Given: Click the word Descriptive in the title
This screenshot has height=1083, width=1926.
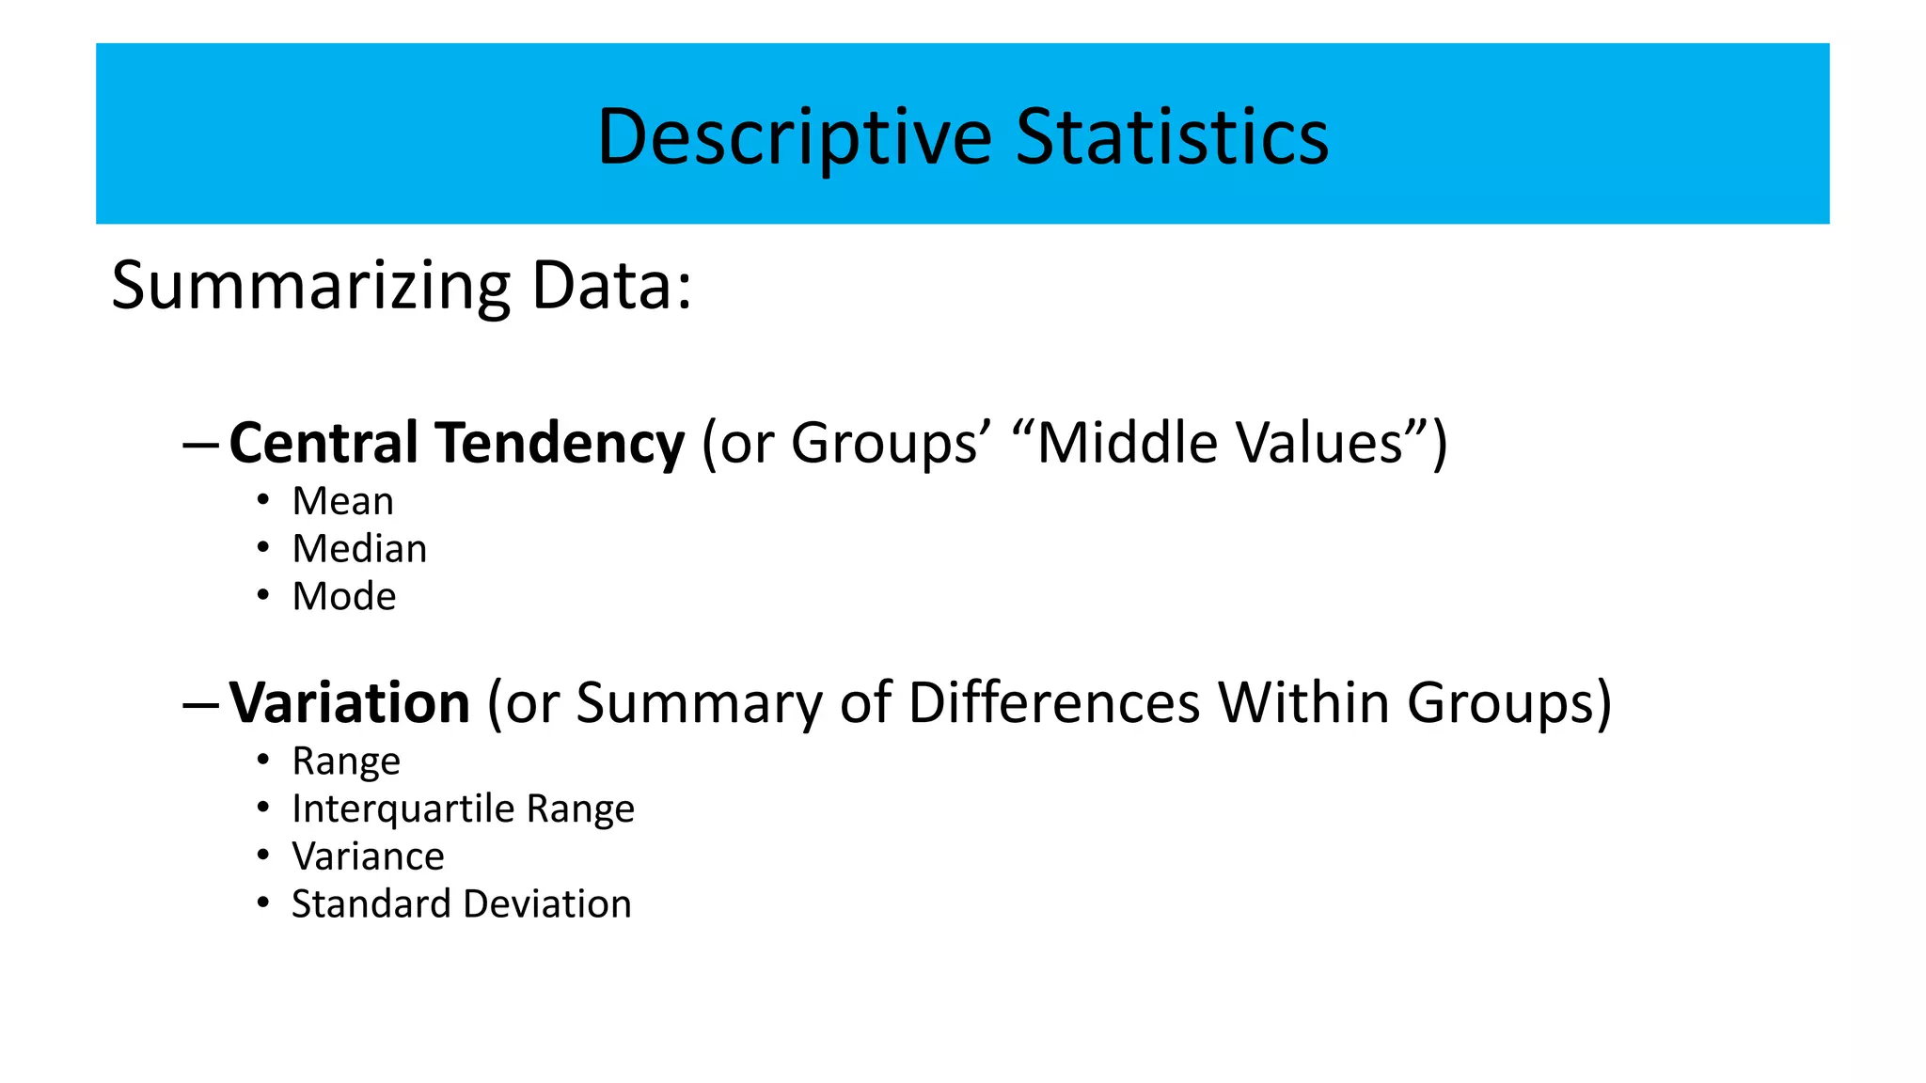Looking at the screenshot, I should tap(795, 137).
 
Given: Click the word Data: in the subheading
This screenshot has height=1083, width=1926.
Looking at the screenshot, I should tap(611, 286).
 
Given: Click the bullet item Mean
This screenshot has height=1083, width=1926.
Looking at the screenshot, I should tap(343, 501).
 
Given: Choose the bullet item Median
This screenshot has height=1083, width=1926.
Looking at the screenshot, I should tap(359, 549).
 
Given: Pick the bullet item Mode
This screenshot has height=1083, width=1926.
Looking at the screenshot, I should tap(344, 597).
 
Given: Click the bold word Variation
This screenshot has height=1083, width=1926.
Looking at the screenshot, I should tap(350, 702).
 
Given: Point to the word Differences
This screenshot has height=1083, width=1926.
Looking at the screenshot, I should tap(1054, 702).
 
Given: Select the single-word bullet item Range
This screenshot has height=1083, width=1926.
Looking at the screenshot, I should tap(346, 761).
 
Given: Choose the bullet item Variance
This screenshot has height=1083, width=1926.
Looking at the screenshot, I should tap(368, 856).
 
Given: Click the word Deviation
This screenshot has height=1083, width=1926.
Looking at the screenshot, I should tap(547, 904).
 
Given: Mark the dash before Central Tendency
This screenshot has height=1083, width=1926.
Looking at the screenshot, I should tap(201, 445).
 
